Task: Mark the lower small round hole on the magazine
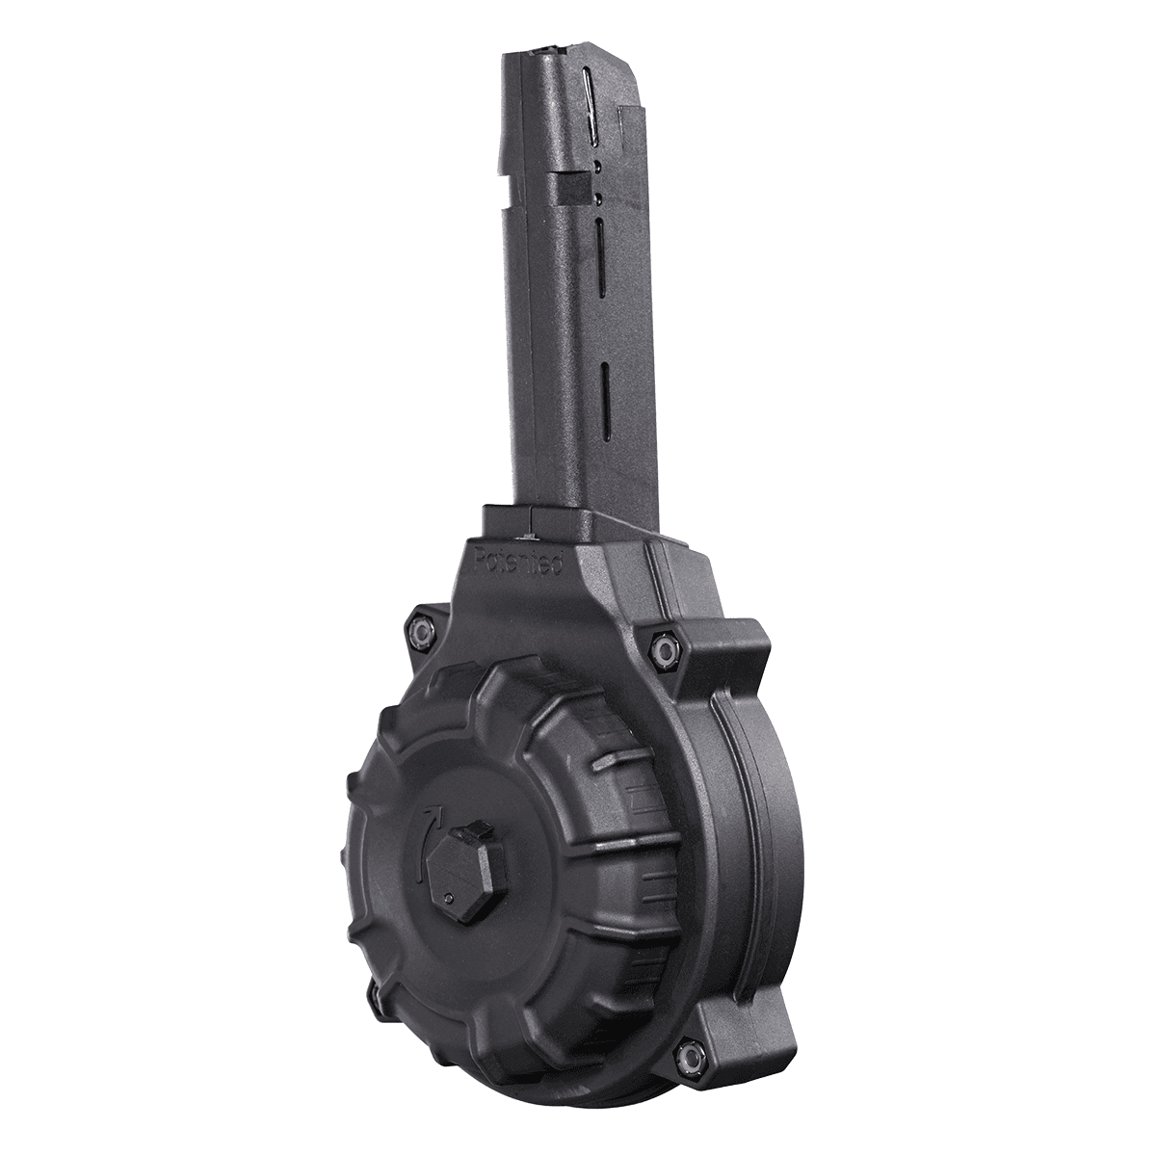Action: pyautogui.click(x=598, y=198)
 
